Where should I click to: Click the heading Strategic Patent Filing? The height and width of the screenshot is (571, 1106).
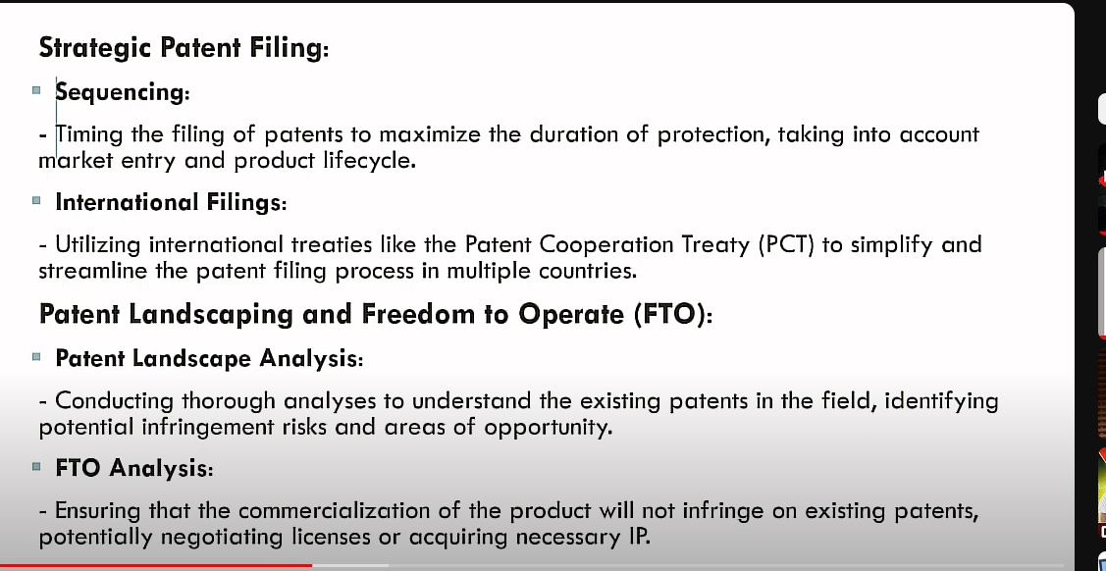(184, 48)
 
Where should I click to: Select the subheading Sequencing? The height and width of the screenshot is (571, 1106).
(123, 92)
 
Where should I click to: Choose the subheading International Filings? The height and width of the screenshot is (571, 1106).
(171, 202)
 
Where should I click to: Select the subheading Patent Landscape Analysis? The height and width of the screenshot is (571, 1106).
(209, 359)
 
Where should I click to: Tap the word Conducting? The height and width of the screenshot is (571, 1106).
(116, 402)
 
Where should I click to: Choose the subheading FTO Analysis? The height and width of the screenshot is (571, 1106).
(134, 468)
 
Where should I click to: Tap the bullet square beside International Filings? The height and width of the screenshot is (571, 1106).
(36, 201)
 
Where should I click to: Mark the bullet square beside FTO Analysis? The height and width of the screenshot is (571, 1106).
(36, 467)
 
